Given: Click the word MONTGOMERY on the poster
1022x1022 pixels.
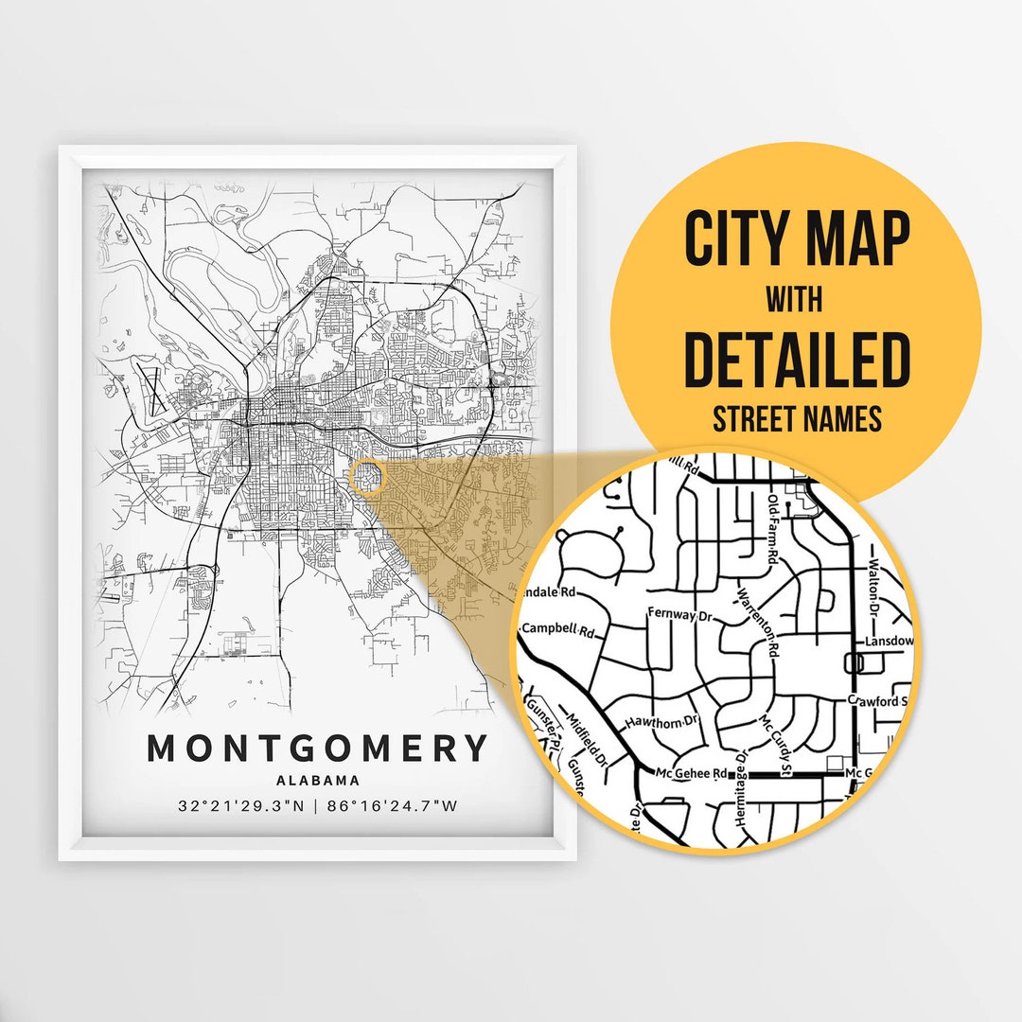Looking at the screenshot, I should click(317, 748).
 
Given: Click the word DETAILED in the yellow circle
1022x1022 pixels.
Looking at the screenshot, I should click(796, 359).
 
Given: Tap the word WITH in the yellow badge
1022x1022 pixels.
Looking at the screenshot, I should click(795, 301).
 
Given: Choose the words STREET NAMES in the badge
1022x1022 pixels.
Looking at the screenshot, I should click(796, 417).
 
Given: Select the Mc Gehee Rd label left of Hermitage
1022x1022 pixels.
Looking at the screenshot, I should click(694, 773).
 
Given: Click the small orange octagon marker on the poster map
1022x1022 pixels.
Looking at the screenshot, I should click(367, 477).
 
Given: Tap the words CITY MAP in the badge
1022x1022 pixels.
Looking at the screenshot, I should click(796, 238).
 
